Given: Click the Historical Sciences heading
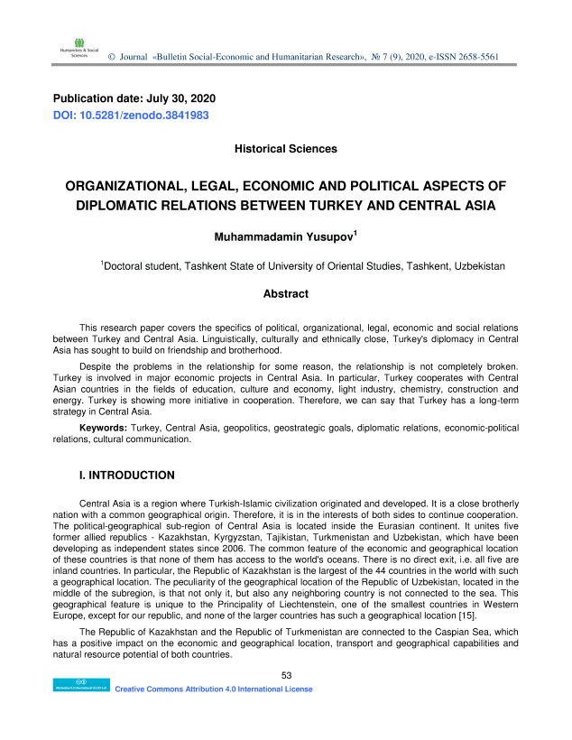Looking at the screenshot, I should pos(285,148).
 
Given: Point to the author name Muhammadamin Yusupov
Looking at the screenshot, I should pos(283,237).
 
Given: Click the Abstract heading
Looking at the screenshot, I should pos(285,293).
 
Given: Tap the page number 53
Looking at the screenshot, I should pos(287,675).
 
